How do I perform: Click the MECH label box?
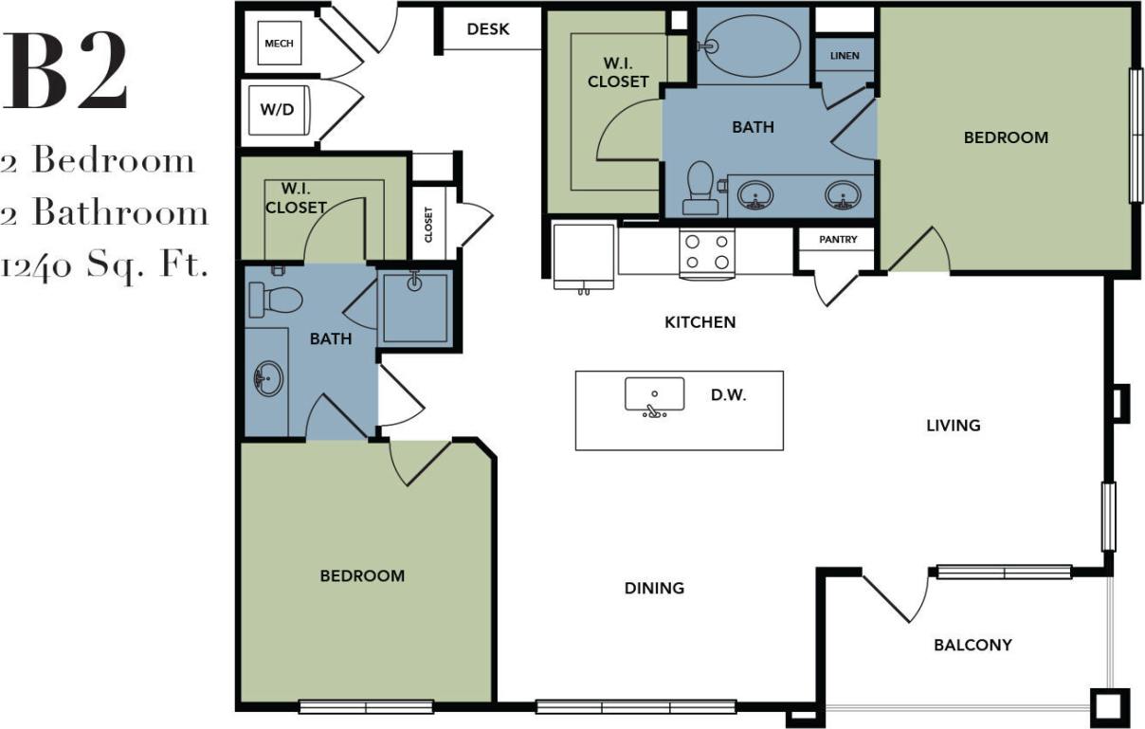click(279, 44)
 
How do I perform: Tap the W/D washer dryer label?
click(277, 109)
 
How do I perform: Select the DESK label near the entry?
click(488, 29)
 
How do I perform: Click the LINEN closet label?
click(845, 56)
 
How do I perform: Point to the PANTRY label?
click(838, 240)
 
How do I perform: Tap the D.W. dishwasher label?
click(728, 395)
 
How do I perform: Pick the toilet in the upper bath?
click(700, 186)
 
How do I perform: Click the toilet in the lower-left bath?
click(275, 300)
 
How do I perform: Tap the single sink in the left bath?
click(268, 380)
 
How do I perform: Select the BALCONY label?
click(972, 646)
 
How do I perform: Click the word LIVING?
click(953, 426)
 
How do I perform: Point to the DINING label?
click(654, 589)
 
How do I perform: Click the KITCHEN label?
click(700, 322)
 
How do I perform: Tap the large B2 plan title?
click(64, 72)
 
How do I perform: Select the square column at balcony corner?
click(1108, 704)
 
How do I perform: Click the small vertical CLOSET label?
click(428, 226)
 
